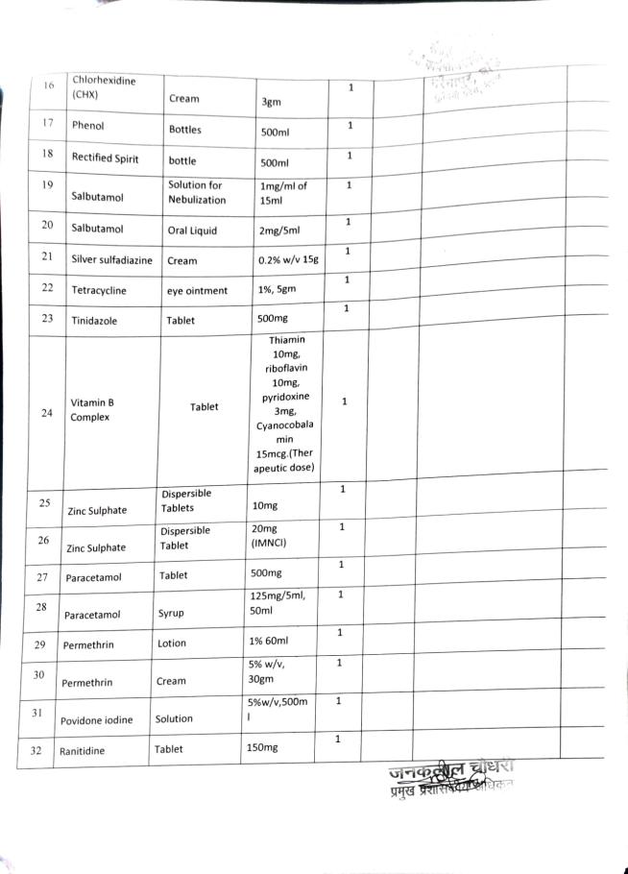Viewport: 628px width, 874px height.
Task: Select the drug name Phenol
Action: [87, 126]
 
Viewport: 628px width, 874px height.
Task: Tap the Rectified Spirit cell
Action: [105, 158]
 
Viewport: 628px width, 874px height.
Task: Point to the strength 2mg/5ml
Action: [278, 231]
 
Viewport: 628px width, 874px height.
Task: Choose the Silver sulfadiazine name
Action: [110, 259]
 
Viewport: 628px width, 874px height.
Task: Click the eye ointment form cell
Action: [198, 290]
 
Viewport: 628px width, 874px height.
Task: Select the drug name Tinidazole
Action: [94, 322]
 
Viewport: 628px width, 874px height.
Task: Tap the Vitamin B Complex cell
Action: [90, 410]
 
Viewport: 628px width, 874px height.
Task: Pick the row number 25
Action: [44, 502]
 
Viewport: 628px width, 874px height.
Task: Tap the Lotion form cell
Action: [174, 643]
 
